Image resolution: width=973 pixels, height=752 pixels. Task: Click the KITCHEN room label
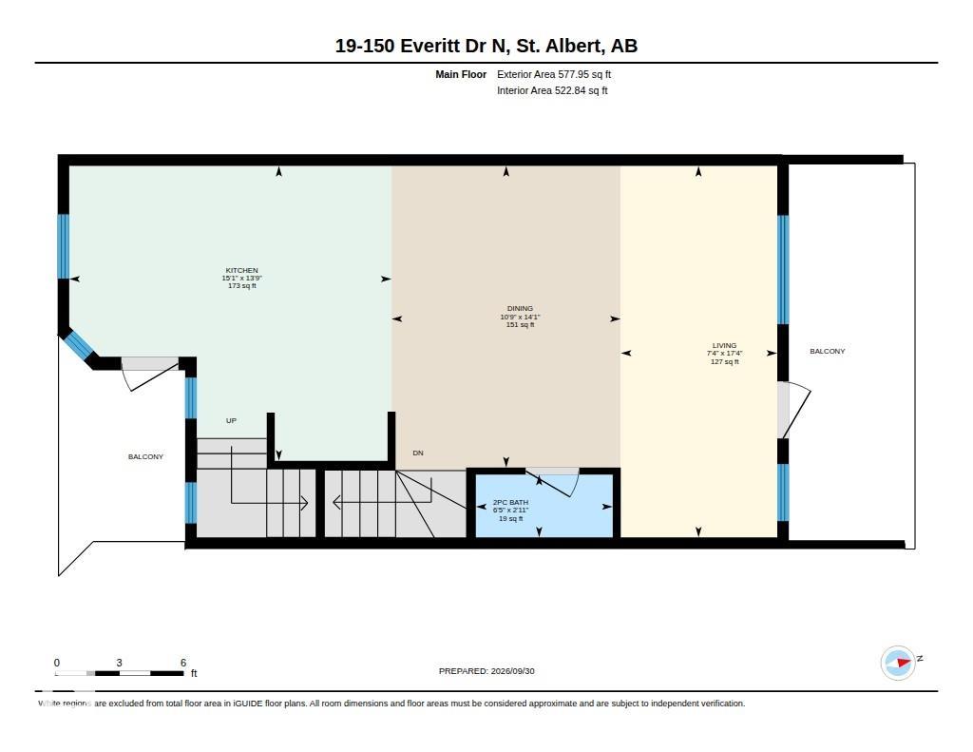tap(241, 270)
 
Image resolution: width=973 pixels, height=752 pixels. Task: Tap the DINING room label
tap(520, 308)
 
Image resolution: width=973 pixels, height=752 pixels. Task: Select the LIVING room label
tap(724, 345)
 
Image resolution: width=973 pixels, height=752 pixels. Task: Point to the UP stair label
tap(231, 420)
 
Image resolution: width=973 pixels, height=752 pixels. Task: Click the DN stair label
tap(418, 453)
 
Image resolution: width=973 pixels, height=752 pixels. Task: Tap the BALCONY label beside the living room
tap(828, 351)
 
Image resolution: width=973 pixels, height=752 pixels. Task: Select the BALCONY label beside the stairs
tap(145, 456)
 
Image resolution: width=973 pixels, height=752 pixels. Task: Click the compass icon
tap(899, 663)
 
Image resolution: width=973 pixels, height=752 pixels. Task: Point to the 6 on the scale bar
tap(183, 663)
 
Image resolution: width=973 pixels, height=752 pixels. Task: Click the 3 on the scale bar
tap(119, 663)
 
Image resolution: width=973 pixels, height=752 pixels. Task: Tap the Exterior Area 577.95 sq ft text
tap(554, 74)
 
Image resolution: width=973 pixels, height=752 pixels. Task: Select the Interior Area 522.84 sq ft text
tap(552, 90)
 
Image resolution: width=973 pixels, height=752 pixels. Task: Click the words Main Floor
tap(461, 74)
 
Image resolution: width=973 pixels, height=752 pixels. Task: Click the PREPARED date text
tap(486, 670)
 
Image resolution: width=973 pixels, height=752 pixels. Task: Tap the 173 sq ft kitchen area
tap(241, 285)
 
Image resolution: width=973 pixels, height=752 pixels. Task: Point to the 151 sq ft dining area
tap(520, 325)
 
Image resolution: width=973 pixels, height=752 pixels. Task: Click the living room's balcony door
tap(793, 410)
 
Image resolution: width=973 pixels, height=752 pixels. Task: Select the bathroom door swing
tap(552, 482)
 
